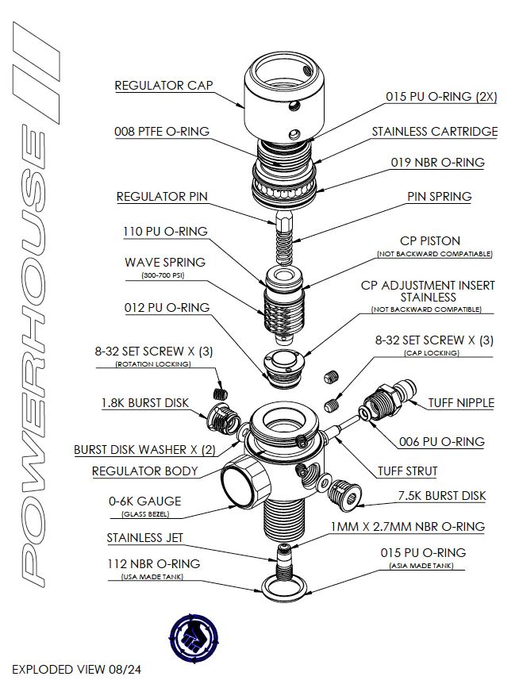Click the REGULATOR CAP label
pos(163,85)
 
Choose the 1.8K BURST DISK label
pos(145,402)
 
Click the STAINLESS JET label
pos(144,538)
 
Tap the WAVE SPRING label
pos(165,262)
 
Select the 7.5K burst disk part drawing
pos(346,492)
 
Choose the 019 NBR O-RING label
pos(436,163)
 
